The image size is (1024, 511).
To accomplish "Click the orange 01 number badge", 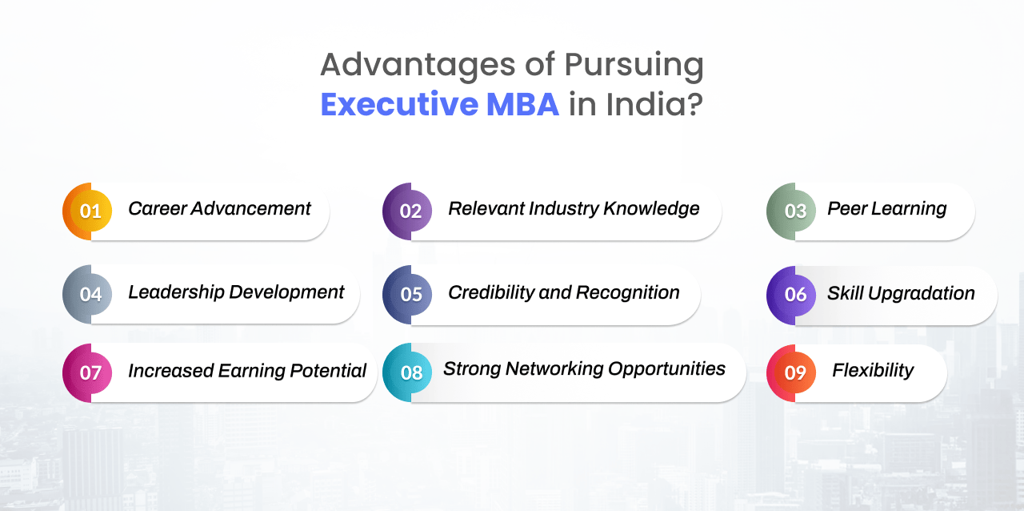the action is click(87, 211).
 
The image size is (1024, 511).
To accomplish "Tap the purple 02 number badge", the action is click(407, 211).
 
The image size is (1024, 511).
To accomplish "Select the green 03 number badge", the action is click(791, 211).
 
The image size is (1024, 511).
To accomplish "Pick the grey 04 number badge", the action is click(87, 295).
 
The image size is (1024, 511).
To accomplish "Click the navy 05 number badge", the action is click(407, 295).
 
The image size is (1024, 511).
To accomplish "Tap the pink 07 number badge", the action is click(87, 372).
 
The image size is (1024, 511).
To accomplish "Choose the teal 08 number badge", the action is click(407, 372).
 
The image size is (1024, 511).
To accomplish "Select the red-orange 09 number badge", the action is click(791, 373).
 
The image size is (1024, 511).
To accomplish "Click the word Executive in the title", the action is click(399, 104).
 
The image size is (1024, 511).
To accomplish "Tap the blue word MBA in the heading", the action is click(522, 104).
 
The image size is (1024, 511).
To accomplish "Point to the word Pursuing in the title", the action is click(634, 66).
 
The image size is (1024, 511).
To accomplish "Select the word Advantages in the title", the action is click(418, 66).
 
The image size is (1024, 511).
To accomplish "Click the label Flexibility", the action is click(873, 370).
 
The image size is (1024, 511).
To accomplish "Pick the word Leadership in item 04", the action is click(176, 292).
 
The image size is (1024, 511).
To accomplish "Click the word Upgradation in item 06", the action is click(921, 293).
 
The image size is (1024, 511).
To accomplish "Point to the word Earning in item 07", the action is click(251, 371).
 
